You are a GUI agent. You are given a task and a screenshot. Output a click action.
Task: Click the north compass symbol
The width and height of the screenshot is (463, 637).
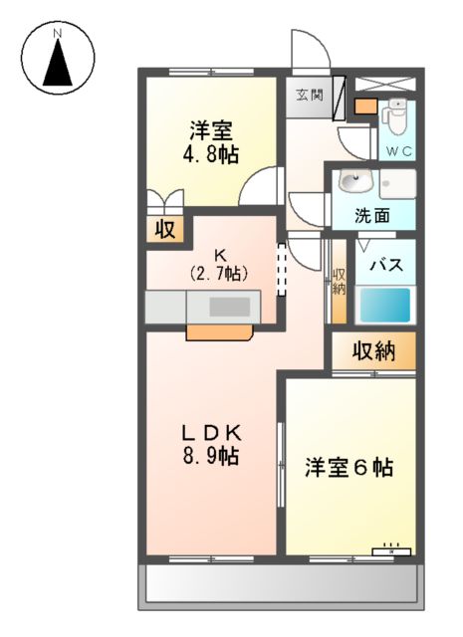point(58,60)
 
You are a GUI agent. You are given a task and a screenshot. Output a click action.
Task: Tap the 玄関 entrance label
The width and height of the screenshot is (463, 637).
point(309,97)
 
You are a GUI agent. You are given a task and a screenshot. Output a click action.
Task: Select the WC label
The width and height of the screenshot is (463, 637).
point(398,152)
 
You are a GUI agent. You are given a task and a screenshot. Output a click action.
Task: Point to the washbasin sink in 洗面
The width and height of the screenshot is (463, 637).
point(353,183)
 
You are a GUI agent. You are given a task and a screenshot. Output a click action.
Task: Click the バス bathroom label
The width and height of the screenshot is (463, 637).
point(386,266)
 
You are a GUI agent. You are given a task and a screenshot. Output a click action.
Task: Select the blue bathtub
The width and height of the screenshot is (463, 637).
point(384,303)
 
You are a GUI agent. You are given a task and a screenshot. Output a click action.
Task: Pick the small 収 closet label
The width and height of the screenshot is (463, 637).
point(164,230)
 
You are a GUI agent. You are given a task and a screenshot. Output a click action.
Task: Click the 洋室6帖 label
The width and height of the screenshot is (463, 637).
point(347,467)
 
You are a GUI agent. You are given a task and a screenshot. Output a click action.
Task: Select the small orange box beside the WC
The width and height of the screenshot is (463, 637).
point(365,106)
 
